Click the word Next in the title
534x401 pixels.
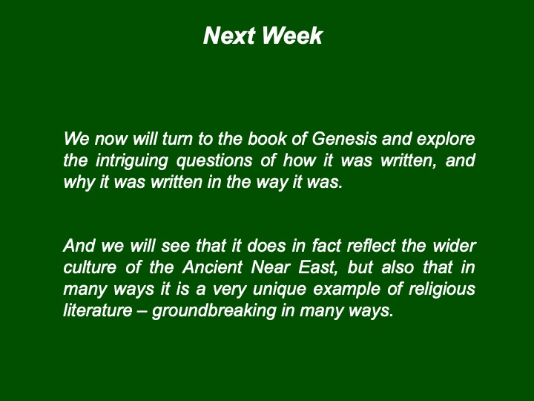[229, 36]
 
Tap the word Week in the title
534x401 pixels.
[292, 36]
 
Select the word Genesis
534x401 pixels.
[344, 139]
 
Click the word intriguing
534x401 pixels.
[131, 161]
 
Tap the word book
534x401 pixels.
[267, 139]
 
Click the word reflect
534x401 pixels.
[371, 246]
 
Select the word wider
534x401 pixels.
[454, 246]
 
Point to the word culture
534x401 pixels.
[90, 267]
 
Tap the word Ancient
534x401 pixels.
[212, 267]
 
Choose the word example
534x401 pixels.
[346, 289]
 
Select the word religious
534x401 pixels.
[442, 289]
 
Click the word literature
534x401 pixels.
[98, 310]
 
